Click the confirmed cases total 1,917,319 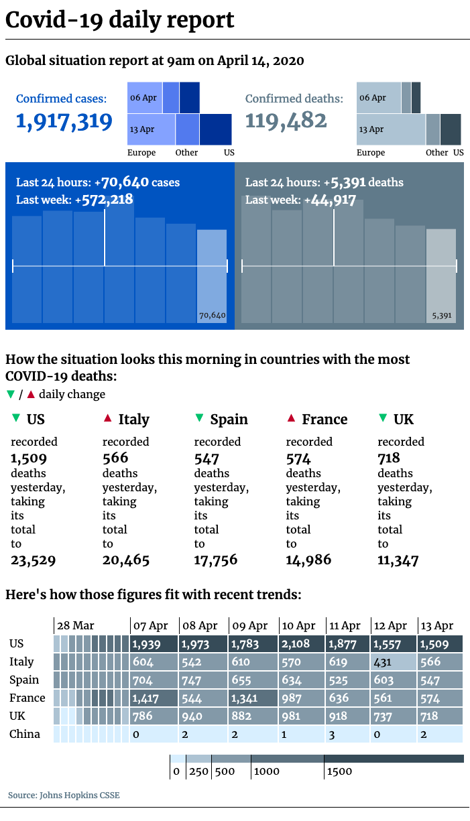64,121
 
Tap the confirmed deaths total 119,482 286,121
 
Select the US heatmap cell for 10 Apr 302,644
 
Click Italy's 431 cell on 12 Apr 394,662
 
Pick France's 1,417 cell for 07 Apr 154,698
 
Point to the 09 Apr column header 249,626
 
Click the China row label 25,735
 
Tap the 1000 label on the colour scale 267,771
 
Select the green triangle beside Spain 198,419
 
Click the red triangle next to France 290,419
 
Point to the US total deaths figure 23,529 33,560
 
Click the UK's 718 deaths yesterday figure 389,458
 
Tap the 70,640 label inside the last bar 213,315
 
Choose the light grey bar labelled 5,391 441,275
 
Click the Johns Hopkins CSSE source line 64,796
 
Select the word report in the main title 198,20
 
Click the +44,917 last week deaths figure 330,200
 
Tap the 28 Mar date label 75,626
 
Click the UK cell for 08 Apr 203,716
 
